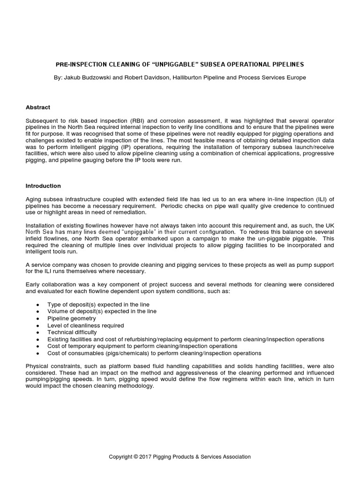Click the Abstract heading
[38, 107]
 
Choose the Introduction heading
[43, 186]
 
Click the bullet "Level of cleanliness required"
[85, 325]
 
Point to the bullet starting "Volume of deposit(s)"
[102, 311]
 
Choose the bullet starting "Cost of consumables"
[154, 353]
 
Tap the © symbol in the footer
[136, 457]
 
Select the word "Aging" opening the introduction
[33, 199]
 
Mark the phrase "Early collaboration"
[49, 285]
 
